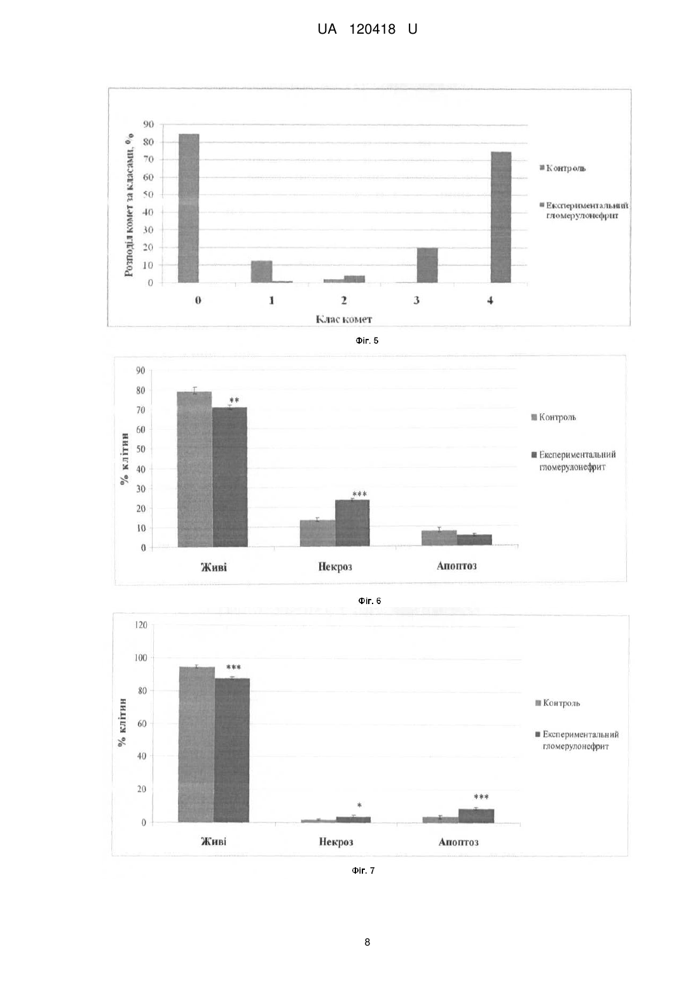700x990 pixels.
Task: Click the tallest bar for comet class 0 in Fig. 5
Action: (188, 208)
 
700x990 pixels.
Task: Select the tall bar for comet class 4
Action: (501, 217)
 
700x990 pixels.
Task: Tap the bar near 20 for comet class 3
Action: (427, 265)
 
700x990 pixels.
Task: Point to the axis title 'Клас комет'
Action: (344, 319)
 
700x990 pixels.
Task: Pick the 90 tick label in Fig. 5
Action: (149, 124)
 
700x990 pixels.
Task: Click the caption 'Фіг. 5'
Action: (367, 341)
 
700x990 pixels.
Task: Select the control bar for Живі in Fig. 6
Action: (195, 469)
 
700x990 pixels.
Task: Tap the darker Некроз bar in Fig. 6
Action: (352, 523)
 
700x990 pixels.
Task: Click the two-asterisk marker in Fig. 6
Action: (234, 401)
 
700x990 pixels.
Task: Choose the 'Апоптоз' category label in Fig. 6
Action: (456, 566)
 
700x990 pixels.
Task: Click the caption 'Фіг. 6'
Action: (369, 601)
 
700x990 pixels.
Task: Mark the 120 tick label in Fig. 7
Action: (141, 625)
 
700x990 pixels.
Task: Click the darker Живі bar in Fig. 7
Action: (232, 750)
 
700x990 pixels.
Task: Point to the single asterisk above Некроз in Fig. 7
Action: (359, 805)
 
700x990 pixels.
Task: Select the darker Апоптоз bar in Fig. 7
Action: (476, 815)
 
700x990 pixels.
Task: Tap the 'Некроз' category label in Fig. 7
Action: (336, 841)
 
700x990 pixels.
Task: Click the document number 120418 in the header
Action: (373, 29)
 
